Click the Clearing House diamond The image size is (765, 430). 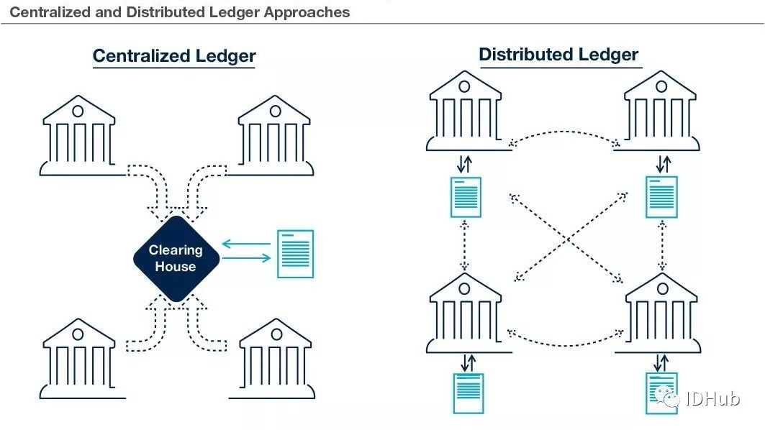coord(176,258)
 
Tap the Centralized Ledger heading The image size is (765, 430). coord(174,56)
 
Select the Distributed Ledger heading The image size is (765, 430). coord(558,54)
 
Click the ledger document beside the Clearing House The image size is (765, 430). coord(295,254)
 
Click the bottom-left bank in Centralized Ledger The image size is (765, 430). coord(78,359)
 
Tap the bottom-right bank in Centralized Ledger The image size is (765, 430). coord(275,359)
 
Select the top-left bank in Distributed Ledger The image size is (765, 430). coord(465,111)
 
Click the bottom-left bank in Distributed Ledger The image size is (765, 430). coord(465,313)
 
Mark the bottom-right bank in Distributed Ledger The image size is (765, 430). coord(661,313)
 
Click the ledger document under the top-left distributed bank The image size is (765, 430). coord(466,197)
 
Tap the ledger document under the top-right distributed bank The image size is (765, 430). coord(661,197)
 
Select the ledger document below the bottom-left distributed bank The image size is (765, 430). coord(468,393)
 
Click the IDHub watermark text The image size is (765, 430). coord(712,399)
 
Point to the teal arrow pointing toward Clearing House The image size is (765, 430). coord(246,243)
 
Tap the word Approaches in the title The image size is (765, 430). coord(307,12)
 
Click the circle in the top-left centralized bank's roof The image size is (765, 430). coord(78,111)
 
